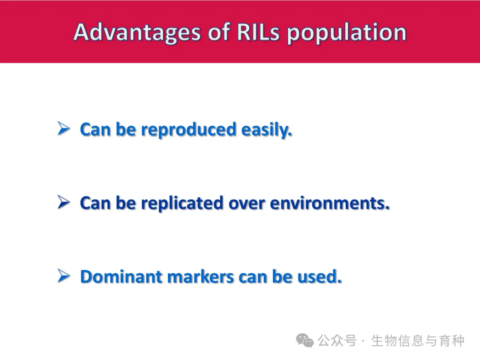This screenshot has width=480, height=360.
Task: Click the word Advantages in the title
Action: coord(137,32)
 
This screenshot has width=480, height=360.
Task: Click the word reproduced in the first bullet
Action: coord(188,130)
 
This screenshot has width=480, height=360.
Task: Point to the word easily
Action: coord(266,130)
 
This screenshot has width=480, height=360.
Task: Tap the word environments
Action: coord(330,203)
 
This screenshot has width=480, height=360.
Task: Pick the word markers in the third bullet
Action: coord(200,277)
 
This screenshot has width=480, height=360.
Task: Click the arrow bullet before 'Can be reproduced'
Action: coord(64,128)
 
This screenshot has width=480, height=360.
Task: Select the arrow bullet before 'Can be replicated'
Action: coord(64,202)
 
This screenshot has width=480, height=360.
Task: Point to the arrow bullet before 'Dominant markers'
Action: coord(64,276)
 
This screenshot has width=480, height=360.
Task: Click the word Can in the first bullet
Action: coord(95,130)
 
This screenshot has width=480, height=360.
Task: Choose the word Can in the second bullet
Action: coord(95,203)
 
